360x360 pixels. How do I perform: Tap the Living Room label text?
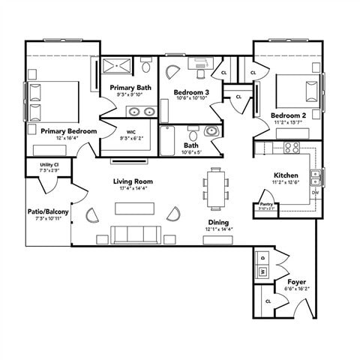tap(133, 181)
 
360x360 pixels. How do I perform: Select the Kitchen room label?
tap(286, 175)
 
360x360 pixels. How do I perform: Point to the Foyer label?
tap(296, 282)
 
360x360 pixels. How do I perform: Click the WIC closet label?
tap(131, 132)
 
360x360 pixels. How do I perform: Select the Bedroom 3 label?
tap(192, 91)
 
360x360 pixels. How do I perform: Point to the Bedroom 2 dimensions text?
tap(287, 122)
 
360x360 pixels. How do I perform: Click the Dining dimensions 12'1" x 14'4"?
tap(218, 229)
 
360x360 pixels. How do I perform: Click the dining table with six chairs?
tap(215, 187)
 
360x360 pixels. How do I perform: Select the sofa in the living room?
tap(133, 234)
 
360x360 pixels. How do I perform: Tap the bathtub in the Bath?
tap(167, 139)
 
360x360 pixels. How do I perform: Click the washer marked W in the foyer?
tap(263, 271)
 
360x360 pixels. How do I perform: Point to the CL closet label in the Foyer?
tap(268, 301)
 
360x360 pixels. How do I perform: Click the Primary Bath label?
tap(130, 88)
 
